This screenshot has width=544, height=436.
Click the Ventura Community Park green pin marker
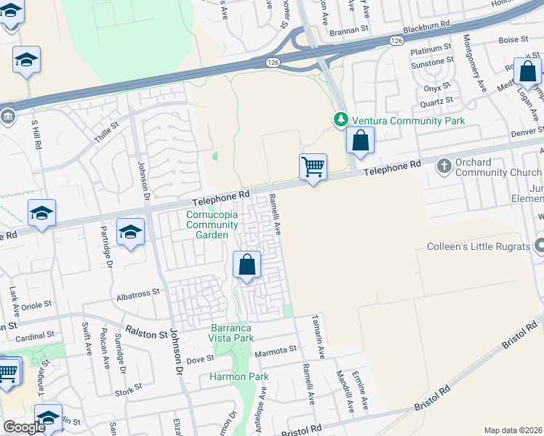pyautogui.click(x=340, y=119)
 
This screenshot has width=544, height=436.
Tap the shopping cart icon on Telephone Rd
pyautogui.click(x=313, y=167)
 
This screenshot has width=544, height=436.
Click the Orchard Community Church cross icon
pyautogui.click(x=445, y=166)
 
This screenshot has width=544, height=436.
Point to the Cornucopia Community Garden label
pyautogui.click(x=212, y=225)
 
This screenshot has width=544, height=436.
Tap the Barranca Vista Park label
pyautogui.click(x=232, y=333)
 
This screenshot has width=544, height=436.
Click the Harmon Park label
pyautogui.click(x=239, y=376)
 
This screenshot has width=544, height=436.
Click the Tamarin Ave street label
pyautogui.click(x=318, y=334)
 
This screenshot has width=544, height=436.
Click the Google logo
pyautogui.click(x=24, y=427)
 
